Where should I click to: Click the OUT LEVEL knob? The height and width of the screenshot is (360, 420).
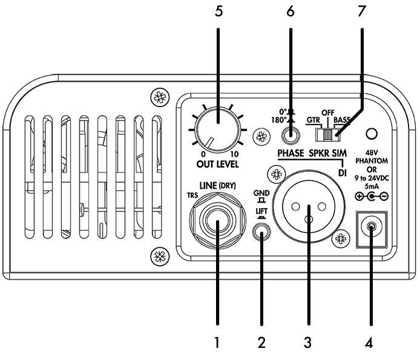217,128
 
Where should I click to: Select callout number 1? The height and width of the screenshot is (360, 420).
216,343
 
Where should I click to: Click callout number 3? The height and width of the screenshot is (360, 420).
307,343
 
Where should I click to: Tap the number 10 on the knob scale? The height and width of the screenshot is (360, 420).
235,154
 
